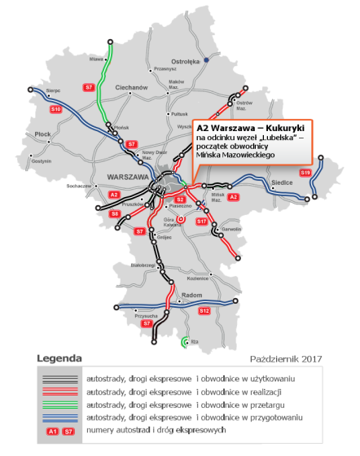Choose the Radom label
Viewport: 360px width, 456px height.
[191, 296]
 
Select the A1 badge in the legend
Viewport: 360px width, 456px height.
[51, 429]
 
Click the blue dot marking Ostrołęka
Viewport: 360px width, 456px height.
[207, 59]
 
